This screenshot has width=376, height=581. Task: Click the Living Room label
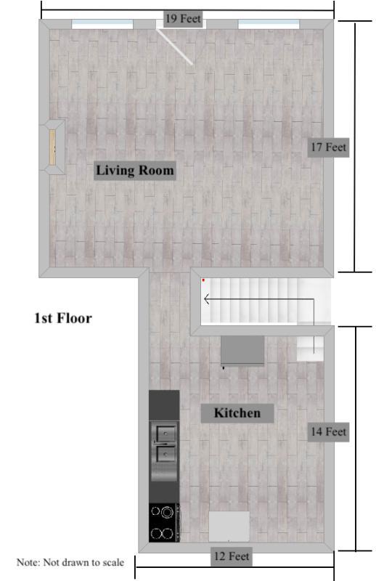135,171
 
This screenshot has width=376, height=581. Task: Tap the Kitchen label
237,413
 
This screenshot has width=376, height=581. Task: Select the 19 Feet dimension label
183,19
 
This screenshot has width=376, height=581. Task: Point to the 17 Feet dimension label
328,147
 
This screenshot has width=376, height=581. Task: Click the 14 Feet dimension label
328,431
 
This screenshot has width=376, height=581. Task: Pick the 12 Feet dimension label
232,556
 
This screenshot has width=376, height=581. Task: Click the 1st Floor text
63,318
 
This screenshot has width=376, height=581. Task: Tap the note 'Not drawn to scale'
70,562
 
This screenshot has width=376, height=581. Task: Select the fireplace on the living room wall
52,147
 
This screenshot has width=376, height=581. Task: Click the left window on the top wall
102,25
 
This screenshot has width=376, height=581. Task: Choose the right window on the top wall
269,25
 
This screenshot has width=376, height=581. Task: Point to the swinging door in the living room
174,46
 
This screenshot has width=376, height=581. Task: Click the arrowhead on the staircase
207,299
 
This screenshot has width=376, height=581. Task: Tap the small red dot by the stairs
203,280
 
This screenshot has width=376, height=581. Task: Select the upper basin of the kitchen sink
165,433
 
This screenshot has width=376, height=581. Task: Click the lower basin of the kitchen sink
165,454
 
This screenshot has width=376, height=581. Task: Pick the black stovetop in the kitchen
165,522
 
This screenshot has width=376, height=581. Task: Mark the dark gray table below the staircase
242,351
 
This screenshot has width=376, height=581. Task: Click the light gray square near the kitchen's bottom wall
229,527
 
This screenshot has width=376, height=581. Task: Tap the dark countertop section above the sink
164,405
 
